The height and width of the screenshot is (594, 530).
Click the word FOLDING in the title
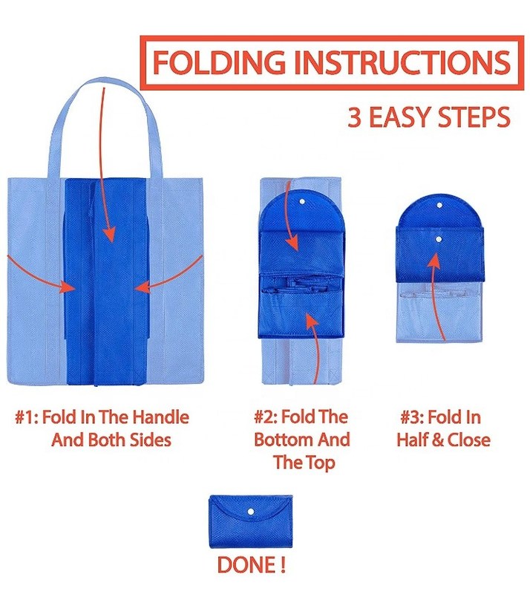(x=219, y=62)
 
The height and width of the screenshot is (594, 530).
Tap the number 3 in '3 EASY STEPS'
(x=354, y=117)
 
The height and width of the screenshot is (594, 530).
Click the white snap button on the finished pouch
(x=250, y=512)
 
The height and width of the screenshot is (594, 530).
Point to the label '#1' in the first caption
(x=26, y=417)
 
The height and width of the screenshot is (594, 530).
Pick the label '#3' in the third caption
(x=412, y=417)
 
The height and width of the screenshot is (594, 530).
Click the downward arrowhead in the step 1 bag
(x=109, y=234)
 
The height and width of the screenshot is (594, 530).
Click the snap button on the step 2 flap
(x=302, y=201)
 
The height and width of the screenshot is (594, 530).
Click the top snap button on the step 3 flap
(x=439, y=206)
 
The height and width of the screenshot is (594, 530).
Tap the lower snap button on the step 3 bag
(x=439, y=239)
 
